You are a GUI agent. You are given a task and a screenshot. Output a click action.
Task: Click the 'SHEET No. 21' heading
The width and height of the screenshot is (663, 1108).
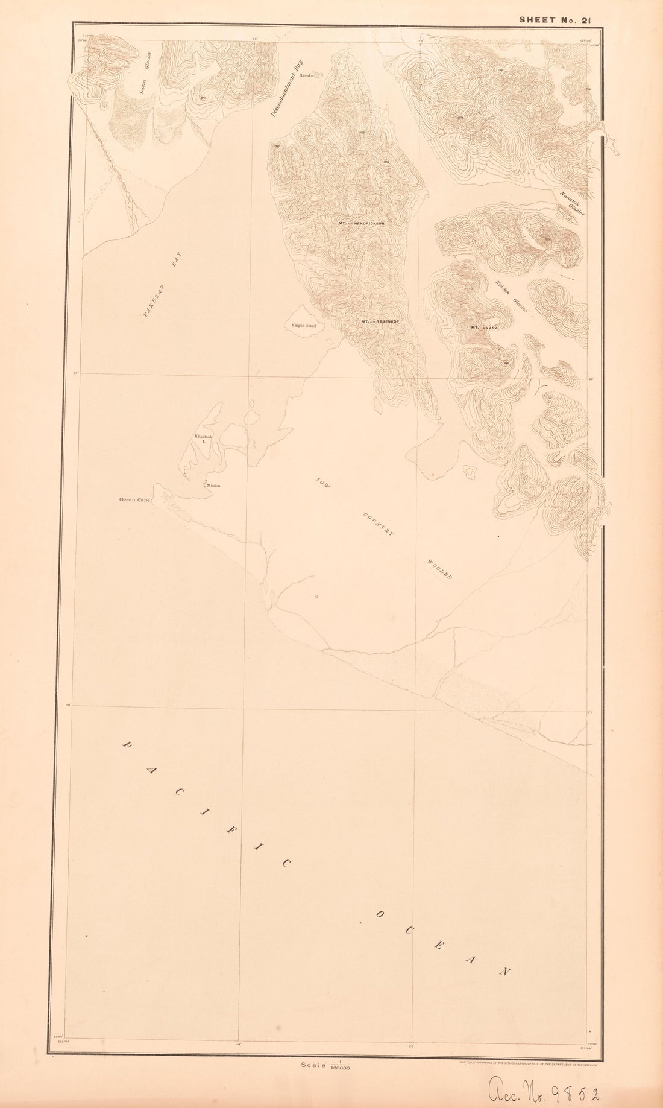(x=555, y=19)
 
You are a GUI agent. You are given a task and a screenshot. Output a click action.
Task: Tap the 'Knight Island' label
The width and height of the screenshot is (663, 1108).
(x=304, y=326)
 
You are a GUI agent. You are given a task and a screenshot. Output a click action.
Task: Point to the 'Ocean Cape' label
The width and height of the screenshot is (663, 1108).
(x=134, y=500)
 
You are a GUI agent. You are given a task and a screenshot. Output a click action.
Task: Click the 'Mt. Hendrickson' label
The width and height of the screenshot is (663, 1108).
(x=362, y=224)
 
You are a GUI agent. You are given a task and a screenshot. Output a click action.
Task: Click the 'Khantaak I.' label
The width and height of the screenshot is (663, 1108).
(x=201, y=438)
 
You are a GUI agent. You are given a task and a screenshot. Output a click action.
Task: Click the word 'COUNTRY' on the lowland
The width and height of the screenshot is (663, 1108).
(x=378, y=524)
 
